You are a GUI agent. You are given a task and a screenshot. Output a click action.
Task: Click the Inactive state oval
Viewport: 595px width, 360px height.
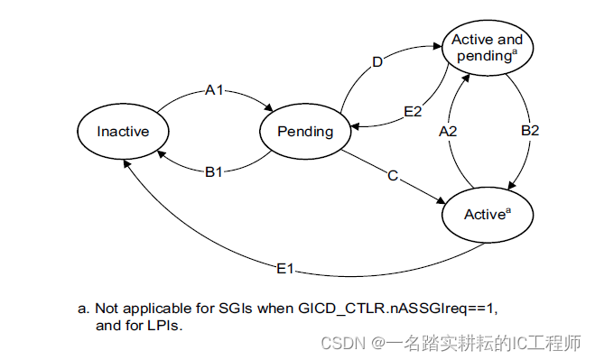click(123, 132)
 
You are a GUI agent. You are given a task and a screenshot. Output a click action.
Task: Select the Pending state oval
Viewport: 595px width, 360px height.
click(305, 132)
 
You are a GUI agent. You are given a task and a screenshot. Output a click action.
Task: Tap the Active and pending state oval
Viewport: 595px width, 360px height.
click(486, 46)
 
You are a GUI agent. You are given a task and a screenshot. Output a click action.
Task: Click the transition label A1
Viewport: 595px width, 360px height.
click(215, 90)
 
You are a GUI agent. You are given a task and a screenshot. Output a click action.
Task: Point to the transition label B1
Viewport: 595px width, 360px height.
click(213, 171)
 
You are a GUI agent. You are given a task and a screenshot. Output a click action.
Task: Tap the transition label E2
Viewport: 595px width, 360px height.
click(412, 111)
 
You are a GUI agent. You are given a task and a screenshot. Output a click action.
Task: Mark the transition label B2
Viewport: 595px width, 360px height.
click(530, 132)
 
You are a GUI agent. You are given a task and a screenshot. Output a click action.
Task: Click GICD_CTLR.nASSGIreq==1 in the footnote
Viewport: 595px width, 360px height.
click(396, 309)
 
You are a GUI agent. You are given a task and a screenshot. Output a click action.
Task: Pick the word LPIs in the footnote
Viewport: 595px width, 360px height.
click(163, 326)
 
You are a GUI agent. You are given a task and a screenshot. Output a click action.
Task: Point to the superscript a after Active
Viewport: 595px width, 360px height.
click(508, 210)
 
